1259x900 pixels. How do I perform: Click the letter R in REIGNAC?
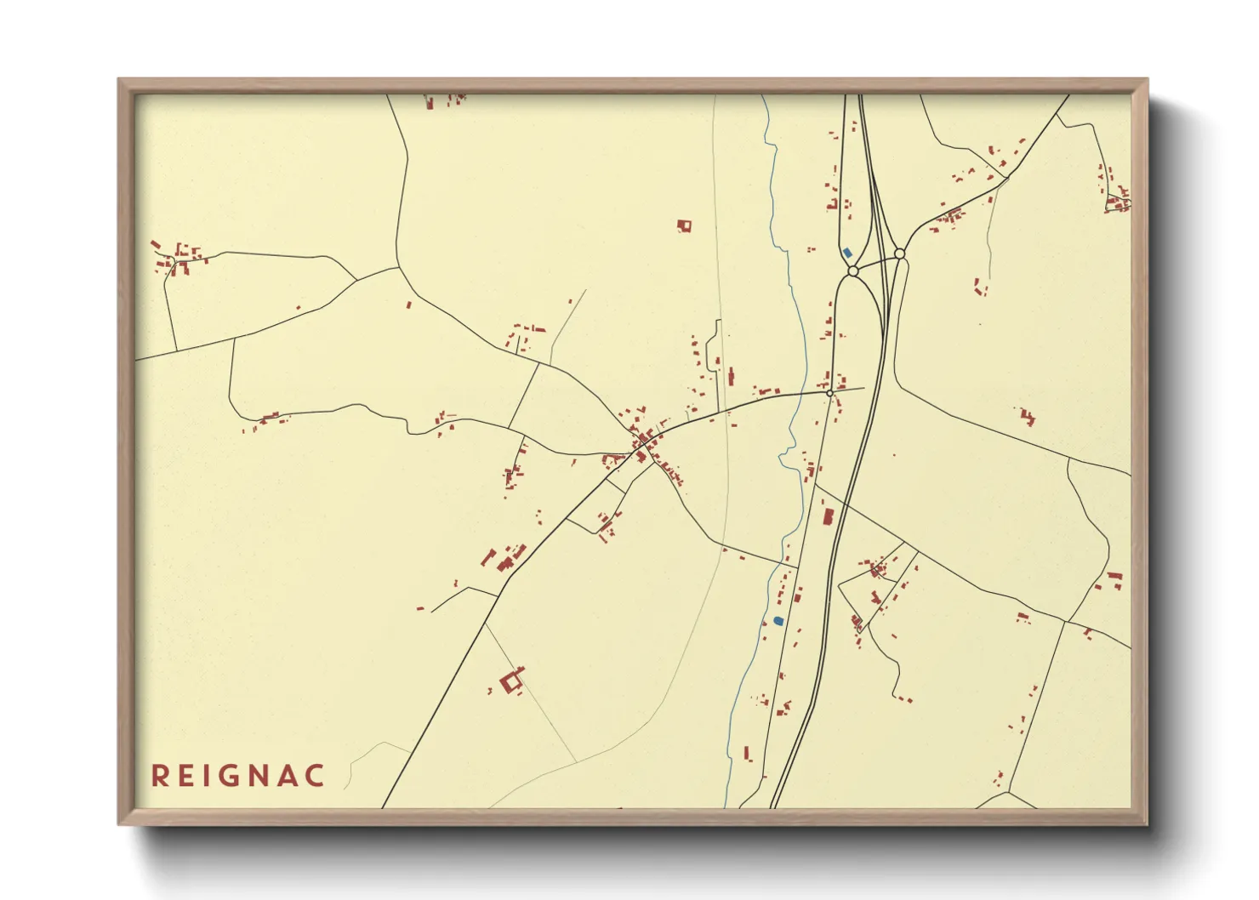click(159, 776)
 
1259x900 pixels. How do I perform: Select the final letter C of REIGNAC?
click(316, 776)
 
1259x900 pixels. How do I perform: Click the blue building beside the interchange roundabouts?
click(846, 253)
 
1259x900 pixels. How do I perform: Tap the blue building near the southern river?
click(778, 621)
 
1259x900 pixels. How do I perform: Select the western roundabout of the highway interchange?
click(852, 271)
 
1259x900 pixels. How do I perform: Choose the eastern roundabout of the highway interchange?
click(899, 253)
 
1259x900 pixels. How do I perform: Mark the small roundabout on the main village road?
click(829, 393)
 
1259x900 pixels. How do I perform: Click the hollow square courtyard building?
click(511, 681)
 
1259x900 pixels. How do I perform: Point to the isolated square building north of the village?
click(684, 226)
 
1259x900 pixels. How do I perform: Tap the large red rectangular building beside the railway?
click(828, 516)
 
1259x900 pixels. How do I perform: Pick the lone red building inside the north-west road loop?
click(408, 304)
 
